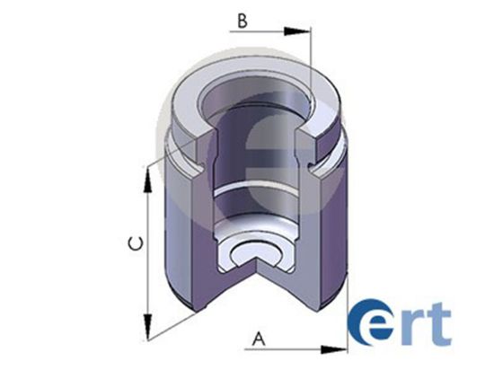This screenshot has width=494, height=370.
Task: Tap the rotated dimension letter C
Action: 132,242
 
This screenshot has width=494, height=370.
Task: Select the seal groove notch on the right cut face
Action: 313,167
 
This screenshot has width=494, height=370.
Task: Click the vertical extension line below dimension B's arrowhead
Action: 311,63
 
